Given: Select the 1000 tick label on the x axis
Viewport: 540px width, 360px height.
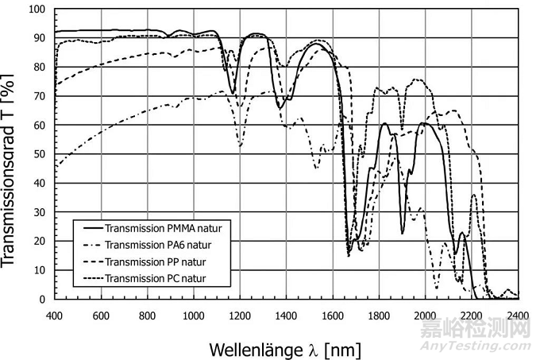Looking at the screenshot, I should pyautogui.click(x=194, y=315).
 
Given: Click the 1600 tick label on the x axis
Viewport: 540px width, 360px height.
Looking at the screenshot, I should pyautogui.click(x=334, y=315).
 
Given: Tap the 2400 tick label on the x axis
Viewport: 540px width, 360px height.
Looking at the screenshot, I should pyautogui.click(x=519, y=315).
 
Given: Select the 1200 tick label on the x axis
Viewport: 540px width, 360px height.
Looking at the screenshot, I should pyautogui.click(x=241, y=315).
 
